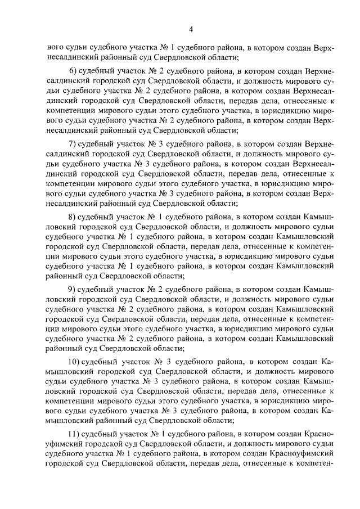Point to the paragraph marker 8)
[x=71, y=216]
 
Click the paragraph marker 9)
[x=71, y=289]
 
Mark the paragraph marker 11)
[x=73, y=435]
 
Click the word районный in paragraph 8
[x=63, y=276]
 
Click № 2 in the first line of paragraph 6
[x=148, y=71]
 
